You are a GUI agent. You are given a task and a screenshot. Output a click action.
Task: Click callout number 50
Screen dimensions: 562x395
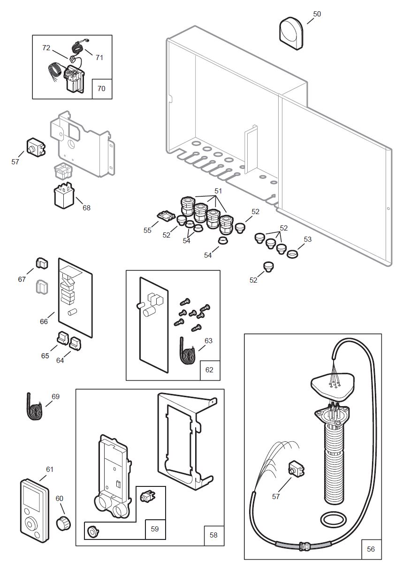317,14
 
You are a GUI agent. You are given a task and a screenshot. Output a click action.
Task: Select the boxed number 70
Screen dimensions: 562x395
102,88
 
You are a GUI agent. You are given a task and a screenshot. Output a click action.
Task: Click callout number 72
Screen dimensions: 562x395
46,48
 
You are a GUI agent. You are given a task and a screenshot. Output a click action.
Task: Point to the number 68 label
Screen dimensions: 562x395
86,208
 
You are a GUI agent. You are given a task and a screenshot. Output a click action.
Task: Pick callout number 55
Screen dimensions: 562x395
147,231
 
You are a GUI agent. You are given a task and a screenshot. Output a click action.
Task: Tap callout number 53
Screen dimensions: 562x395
307,239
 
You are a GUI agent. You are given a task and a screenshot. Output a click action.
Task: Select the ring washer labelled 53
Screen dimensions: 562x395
292,254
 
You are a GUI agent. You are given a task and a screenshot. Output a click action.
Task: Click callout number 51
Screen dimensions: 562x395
218,191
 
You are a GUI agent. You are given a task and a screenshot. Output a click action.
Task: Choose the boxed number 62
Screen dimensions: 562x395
209,370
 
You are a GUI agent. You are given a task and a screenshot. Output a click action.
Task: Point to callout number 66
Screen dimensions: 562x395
44,321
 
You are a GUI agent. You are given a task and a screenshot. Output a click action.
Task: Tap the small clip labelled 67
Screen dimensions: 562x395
42,264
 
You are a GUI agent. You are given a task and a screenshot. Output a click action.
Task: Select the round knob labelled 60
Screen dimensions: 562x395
62,522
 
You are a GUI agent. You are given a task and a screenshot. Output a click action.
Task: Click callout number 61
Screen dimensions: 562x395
50,469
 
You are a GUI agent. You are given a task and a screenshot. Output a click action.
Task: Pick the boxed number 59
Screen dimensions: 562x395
155,529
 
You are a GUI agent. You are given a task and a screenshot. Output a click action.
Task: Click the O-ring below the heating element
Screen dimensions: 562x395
334,520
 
